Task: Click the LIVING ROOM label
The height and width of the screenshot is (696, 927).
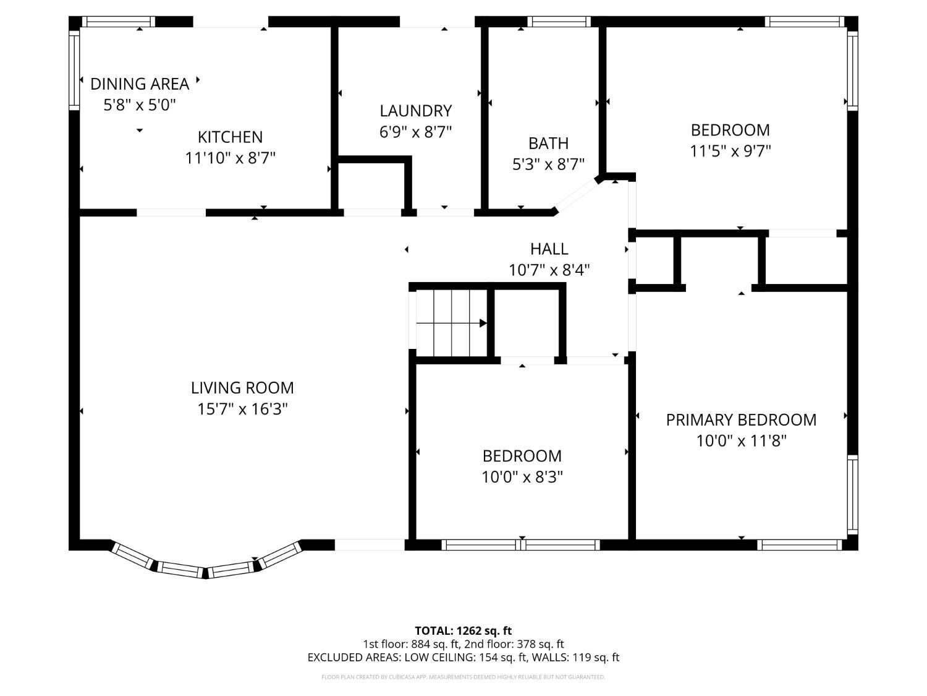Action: pyautogui.click(x=242, y=387)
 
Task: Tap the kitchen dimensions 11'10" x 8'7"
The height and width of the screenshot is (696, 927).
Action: pyautogui.click(x=230, y=158)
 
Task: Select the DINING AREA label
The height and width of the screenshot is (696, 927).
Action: pyautogui.click(x=140, y=84)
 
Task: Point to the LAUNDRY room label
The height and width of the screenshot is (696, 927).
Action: pyautogui.click(x=415, y=111)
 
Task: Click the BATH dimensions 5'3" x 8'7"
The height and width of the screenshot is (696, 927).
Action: pyautogui.click(x=548, y=164)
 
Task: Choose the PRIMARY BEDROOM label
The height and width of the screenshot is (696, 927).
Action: pyautogui.click(x=741, y=419)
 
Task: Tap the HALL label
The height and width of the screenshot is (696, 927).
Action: pyautogui.click(x=549, y=249)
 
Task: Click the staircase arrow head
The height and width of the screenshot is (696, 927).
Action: pyautogui.click(x=483, y=324)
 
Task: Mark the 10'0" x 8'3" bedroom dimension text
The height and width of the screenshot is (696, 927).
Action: pyautogui.click(x=522, y=477)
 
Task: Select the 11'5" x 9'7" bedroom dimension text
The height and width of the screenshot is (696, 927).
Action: pyautogui.click(x=730, y=151)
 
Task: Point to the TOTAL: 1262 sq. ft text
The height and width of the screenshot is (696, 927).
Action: pyautogui.click(x=463, y=630)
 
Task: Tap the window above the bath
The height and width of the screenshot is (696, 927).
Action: pyautogui.click(x=559, y=22)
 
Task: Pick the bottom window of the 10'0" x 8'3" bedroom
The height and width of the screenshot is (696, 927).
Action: pyautogui.click(x=521, y=544)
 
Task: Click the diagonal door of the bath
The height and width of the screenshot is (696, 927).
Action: pyautogui.click(x=577, y=196)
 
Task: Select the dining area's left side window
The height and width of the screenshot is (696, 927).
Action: pyautogui.click(x=74, y=70)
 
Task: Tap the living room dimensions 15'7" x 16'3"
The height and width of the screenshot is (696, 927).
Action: pyautogui.click(x=242, y=409)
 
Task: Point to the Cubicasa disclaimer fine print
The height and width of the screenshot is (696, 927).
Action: pyautogui.click(x=463, y=677)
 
